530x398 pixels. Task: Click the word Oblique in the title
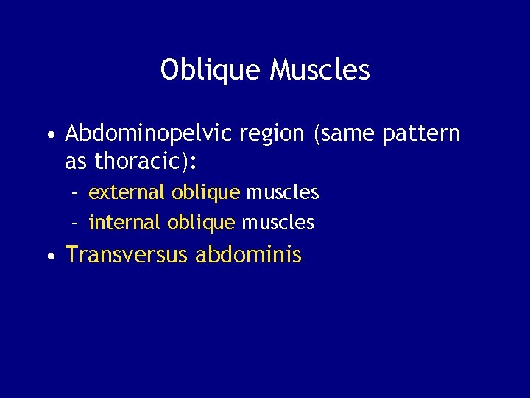coord(211,71)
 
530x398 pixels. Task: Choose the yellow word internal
coord(125,222)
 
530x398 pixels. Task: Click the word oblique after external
coord(205,193)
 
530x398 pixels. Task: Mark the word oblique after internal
coord(201,222)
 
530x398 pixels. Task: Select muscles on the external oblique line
coord(282,193)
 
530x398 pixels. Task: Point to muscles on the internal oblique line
coord(278,222)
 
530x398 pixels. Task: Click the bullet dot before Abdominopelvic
coord(49,136)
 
